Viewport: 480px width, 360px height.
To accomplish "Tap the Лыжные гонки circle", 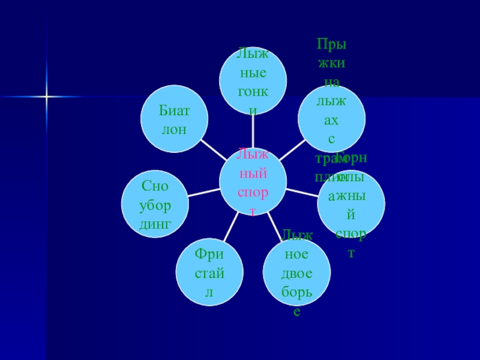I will click(253, 81).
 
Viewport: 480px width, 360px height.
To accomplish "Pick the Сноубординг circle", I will click(155, 204).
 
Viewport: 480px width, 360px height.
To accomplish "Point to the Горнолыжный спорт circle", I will click(351, 204).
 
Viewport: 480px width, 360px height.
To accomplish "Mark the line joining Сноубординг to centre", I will click(204, 192).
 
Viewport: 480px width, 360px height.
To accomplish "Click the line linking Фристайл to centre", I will click(230, 229).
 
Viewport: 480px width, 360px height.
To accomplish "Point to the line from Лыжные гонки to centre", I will click(253, 131).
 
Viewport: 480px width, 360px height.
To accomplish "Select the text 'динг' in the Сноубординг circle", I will click(155, 224).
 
